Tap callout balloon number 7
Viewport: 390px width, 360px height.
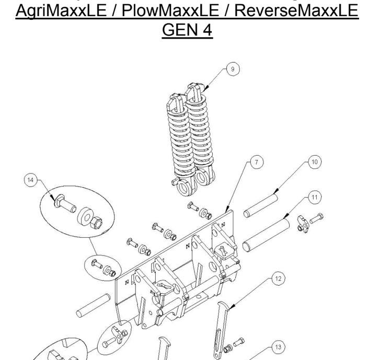click(x=255, y=163)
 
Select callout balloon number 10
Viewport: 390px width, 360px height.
click(x=314, y=162)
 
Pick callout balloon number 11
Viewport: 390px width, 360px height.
click(x=314, y=198)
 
